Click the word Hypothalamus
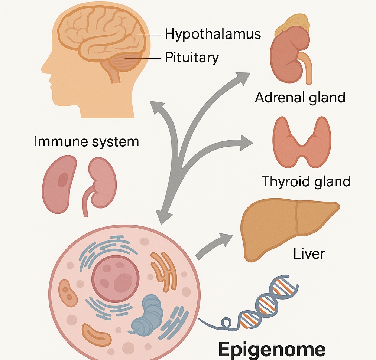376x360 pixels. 213,34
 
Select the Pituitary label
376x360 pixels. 192,58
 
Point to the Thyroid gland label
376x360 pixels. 306,181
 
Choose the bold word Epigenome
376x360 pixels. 272,349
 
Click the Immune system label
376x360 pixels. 86,141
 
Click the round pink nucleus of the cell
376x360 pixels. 116,277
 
